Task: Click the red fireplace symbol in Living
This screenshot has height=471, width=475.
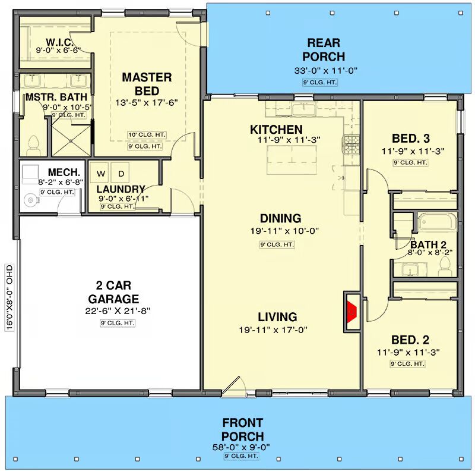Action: click(352, 312)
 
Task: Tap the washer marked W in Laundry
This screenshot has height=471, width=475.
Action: click(101, 174)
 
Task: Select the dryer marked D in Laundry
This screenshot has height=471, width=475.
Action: click(121, 174)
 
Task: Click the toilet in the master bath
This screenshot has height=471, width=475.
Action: click(33, 146)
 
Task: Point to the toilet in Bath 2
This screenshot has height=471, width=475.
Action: click(445, 266)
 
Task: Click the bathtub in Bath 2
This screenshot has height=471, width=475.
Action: click(437, 222)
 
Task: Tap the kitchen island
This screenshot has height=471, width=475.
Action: click(292, 159)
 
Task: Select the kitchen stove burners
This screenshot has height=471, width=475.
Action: click(351, 145)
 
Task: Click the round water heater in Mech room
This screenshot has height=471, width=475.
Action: click(30, 200)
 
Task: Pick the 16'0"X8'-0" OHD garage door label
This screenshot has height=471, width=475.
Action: click(9, 297)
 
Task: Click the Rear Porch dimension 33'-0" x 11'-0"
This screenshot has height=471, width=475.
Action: click(325, 71)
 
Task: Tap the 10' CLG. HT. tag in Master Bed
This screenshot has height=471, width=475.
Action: click(147, 135)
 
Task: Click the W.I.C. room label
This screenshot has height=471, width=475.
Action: click(59, 42)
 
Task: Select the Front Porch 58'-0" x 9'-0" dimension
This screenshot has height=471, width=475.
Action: click(241, 447)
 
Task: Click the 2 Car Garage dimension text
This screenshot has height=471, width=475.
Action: click(118, 311)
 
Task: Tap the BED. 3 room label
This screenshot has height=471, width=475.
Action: click(411, 139)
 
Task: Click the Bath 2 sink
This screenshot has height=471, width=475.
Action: click(410, 269)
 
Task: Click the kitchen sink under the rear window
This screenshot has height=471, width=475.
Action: click(303, 108)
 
